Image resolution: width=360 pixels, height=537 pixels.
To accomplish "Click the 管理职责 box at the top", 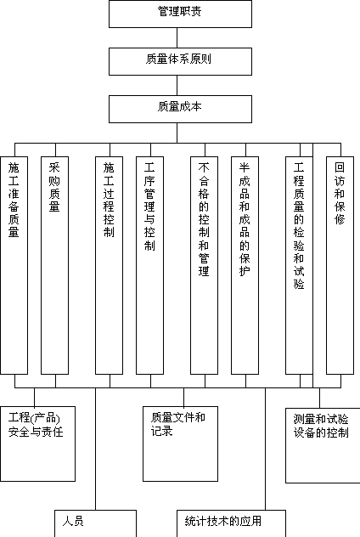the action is (180, 14).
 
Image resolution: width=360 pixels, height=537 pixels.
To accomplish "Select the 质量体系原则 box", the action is (180, 61).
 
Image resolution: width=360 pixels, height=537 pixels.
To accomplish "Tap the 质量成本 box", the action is (180, 109).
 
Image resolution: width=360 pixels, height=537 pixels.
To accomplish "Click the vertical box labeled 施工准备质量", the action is (14, 265).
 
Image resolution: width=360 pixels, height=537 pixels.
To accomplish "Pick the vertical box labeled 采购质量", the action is (54, 265).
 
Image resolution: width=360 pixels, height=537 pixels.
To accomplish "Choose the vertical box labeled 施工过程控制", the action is (110, 265).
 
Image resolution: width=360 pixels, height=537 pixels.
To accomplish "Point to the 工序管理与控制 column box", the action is (150, 265).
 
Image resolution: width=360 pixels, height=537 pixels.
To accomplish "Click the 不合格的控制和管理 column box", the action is (205, 265).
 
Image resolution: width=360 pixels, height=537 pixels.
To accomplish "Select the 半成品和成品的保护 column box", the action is (245, 265).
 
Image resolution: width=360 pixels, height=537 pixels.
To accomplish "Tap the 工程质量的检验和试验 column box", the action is (300, 265).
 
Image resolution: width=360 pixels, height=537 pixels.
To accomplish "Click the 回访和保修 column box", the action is (340, 265).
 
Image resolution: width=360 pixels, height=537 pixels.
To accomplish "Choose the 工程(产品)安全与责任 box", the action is (37, 444).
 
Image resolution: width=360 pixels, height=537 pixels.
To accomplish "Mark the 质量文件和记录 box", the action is (180, 444).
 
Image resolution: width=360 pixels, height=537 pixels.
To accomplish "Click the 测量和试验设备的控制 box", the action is (323, 445).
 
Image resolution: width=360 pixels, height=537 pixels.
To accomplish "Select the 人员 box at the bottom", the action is (95, 523).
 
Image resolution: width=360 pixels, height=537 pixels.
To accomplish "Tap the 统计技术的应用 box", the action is (231, 523).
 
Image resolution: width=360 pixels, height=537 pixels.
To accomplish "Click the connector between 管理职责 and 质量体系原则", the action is (177, 37).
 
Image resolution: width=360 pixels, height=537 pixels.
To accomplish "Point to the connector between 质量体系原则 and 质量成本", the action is (177, 85).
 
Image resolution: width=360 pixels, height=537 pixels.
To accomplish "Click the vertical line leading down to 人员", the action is (95, 449).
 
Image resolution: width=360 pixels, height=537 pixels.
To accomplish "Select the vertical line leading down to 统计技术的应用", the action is (265, 449).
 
